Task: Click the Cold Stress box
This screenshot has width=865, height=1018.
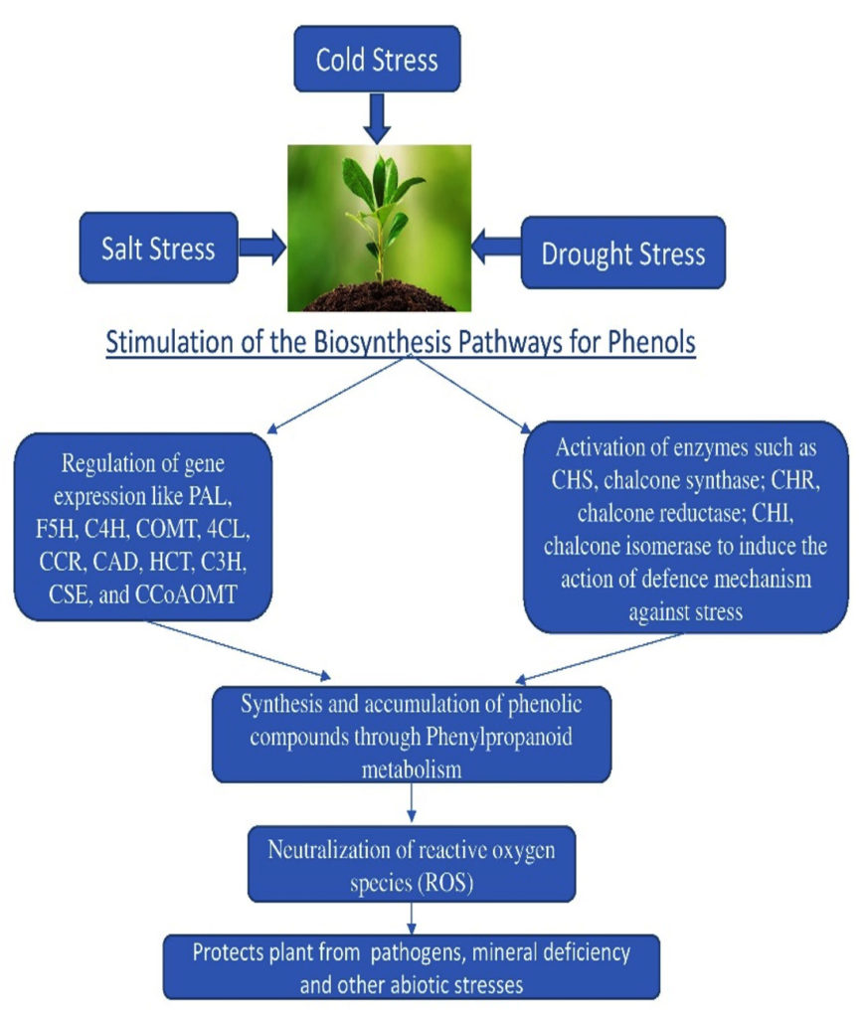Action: (376, 60)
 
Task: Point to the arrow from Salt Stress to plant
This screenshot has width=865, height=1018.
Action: (261, 249)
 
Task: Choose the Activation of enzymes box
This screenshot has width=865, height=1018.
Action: (685, 526)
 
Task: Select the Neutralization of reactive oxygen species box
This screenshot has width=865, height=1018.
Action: (412, 862)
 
